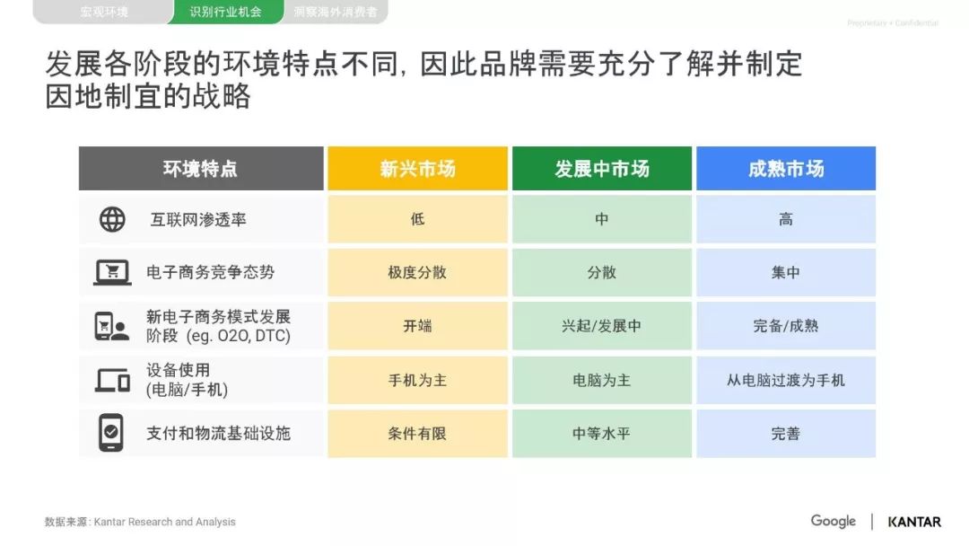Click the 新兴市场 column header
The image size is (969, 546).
tap(418, 168)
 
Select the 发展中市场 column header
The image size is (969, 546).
tap(602, 168)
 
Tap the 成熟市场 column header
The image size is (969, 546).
tap(786, 168)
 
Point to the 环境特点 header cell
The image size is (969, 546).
tap(201, 168)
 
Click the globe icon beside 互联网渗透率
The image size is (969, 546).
tap(112, 219)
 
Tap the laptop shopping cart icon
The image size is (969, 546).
tap(112, 272)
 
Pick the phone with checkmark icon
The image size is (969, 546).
tap(111, 433)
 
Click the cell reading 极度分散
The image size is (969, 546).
tap(418, 273)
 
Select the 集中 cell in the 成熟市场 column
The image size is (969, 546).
tap(786, 273)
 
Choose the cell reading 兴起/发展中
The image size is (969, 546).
tap(602, 326)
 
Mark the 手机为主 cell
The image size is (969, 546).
tap(418, 380)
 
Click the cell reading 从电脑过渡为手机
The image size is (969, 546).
tap(786, 380)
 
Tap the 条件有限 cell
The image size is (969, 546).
tap(418, 434)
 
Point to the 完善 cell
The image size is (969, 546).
tap(786, 434)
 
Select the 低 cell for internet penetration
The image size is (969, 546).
tap(418, 219)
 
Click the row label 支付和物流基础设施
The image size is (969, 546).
tap(218, 434)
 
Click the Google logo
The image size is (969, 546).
tap(833, 521)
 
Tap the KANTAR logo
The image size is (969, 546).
tap(914, 522)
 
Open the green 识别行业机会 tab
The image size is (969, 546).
tap(225, 12)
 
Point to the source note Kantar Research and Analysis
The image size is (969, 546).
tap(164, 522)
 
